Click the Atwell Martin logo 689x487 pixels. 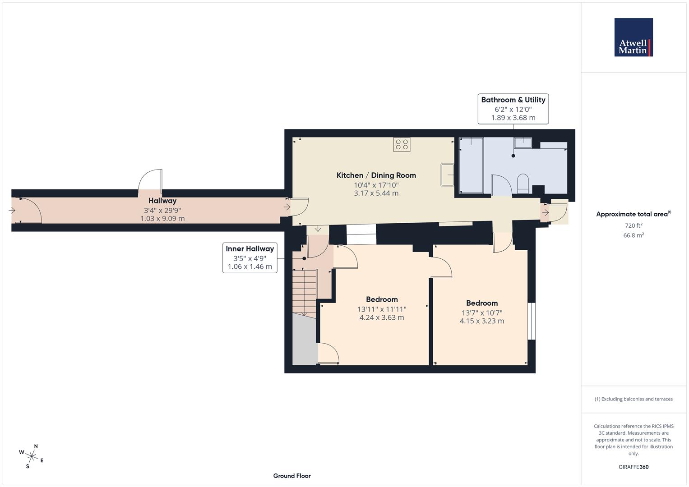tap(633, 37)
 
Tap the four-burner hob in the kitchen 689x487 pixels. tap(402, 144)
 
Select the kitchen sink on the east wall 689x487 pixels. tap(448, 175)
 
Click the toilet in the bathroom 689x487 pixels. tap(523, 183)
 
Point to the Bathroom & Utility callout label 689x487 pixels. tap(513, 108)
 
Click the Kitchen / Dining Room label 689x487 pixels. tap(376, 175)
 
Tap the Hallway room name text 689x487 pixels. tap(162, 201)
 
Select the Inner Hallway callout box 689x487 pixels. tap(250, 257)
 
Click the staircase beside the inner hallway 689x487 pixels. tap(305, 291)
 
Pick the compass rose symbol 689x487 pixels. tap(32, 455)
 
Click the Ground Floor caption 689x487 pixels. tap(291, 476)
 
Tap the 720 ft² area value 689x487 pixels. tap(633, 225)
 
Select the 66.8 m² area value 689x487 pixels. tap(633, 235)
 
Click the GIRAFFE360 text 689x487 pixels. tap(633, 467)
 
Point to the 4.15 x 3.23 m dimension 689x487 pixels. tap(481, 321)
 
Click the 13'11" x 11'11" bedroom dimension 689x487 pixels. tap(382, 309)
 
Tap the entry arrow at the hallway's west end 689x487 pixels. tap(12, 210)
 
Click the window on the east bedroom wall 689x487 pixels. tap(532, 321)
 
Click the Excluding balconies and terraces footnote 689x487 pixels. tap(633, 399)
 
